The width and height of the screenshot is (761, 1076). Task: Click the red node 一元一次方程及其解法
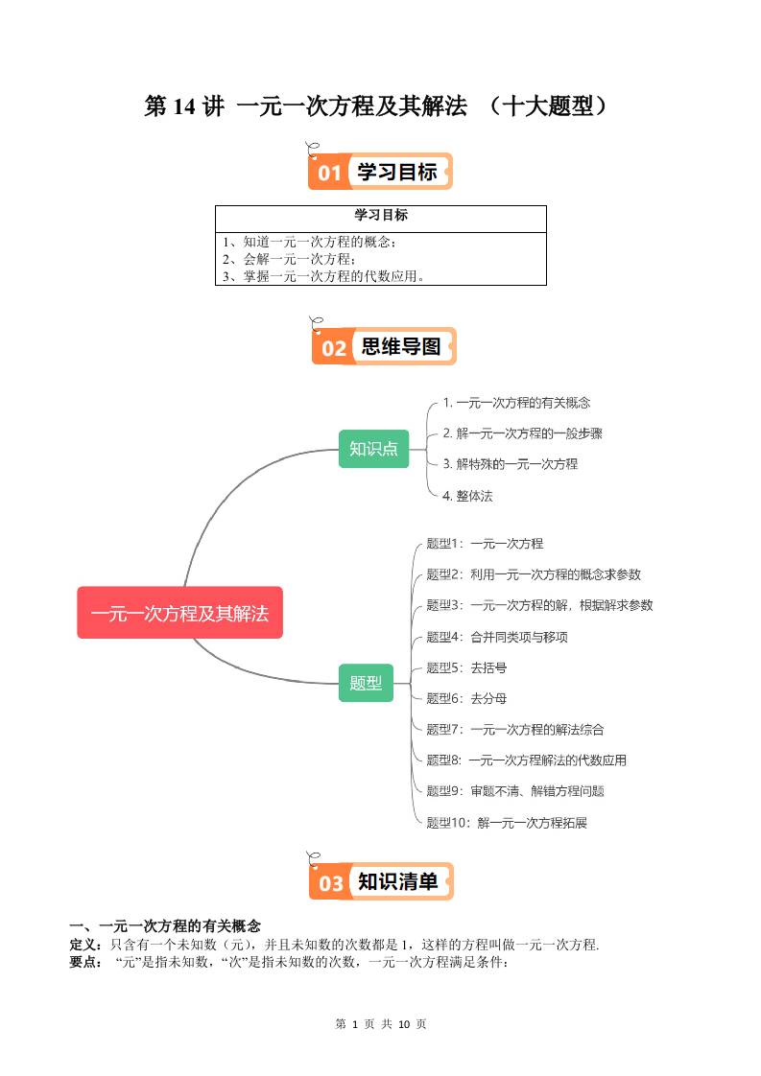(x=179, y=613)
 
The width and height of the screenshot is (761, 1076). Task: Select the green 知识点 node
(x=373, y=448)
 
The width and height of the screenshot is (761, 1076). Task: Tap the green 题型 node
(x=366, y=683)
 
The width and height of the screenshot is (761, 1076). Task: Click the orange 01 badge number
(x=329, y=173)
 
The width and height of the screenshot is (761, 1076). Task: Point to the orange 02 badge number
(x=333, y=347)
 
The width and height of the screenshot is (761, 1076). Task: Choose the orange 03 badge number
(x=330, y=882)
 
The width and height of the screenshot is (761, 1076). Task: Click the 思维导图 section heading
(x=401, y=346)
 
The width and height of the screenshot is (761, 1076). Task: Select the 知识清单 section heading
(x=397, y=881)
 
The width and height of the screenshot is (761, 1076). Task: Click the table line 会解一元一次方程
(x=289, y=259)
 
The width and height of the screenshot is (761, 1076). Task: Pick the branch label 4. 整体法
(x=467, y=496)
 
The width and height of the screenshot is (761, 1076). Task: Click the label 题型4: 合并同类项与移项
(x=497, y=637)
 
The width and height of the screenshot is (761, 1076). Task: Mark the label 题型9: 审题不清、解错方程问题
(x=514, y=791)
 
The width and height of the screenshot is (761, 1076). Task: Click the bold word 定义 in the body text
(x=83, y=945)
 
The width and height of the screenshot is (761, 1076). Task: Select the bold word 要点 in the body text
(x=83, y=962)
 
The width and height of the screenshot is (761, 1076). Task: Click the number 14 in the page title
(x=183, y=107)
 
